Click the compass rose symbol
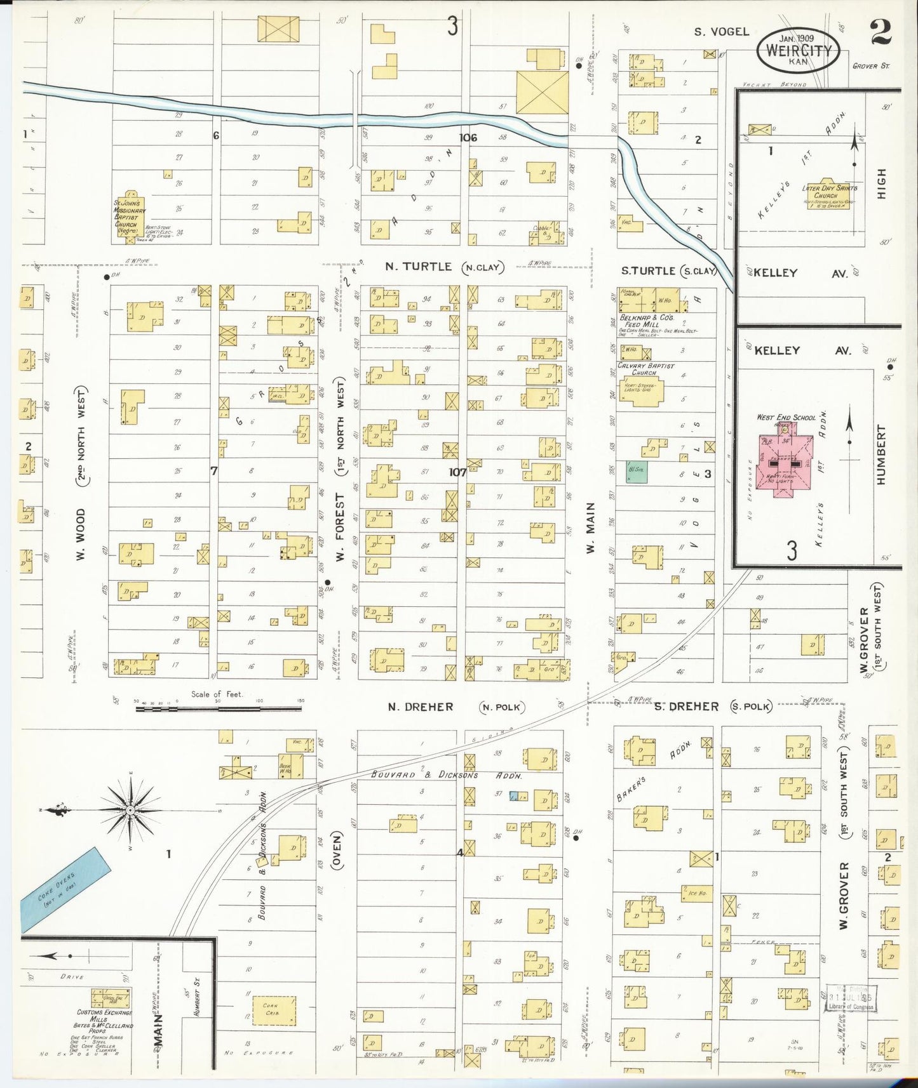(130, 810)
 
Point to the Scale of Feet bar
(218, 707)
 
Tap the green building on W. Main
(637, 472)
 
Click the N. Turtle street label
(418, 267)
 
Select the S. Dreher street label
(687, 707)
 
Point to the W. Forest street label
(340, 527)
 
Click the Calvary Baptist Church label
(645, 369)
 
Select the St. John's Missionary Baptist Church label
(130, 216)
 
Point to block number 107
(457, 472)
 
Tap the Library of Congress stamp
(851, 998)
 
